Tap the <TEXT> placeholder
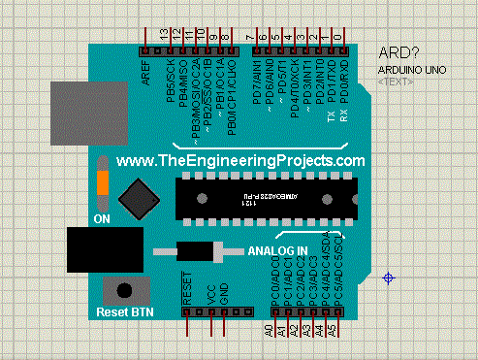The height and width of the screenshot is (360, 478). pos(393,82)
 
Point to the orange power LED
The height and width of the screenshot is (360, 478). pos(102,186)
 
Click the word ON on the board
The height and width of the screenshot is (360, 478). pos(102,219)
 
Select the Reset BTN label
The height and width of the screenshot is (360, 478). pos(125,312)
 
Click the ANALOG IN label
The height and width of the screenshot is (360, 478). pos(278,251)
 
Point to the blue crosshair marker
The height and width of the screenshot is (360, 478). pos(389,278)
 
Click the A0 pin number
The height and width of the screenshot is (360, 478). pos(271,331)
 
